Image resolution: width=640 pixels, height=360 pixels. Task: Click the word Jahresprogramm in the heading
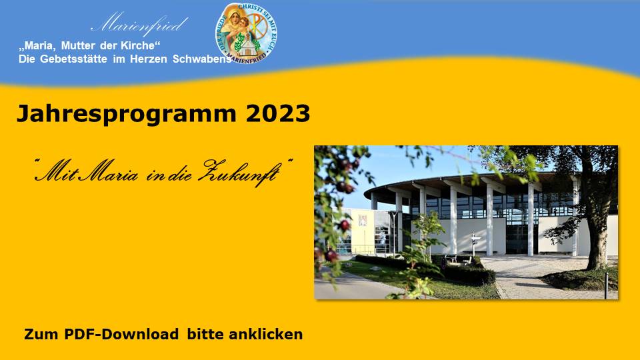tap(126, 114)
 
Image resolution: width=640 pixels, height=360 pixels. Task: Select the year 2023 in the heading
tap(278, 113)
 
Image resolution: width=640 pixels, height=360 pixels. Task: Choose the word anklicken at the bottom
tap(266, 334)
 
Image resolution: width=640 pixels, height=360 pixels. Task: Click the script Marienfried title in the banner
tap(139, 24)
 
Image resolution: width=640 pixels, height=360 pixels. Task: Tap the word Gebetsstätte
tap(73, 59)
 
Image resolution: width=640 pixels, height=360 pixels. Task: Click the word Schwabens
tap(201, 59)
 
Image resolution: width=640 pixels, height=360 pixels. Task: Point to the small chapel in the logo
tap(247, 45)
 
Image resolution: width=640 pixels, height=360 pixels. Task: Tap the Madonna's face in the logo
tap(234, 17)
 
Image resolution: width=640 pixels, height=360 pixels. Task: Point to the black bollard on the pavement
tap(607, 286)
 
